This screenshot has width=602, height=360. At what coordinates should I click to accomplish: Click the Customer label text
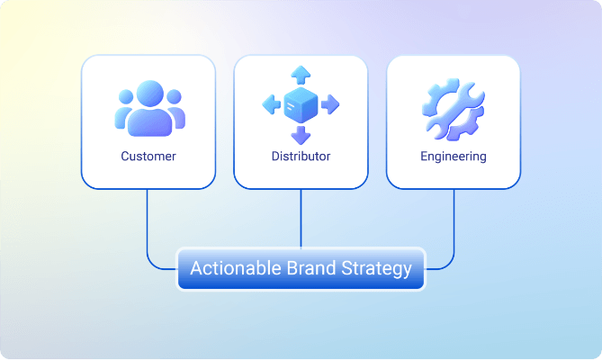148,157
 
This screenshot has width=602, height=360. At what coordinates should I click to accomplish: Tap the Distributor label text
301,157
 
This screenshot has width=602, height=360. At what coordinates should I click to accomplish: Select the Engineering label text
454,157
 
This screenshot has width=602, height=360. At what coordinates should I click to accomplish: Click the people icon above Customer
149,109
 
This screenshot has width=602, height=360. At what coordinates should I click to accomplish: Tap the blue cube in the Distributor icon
301,105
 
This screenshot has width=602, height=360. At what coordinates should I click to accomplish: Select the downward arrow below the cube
301,136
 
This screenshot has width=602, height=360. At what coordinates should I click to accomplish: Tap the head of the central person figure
150,94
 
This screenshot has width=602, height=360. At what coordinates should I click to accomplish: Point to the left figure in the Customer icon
123,112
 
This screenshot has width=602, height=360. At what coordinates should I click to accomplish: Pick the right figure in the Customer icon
176,112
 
